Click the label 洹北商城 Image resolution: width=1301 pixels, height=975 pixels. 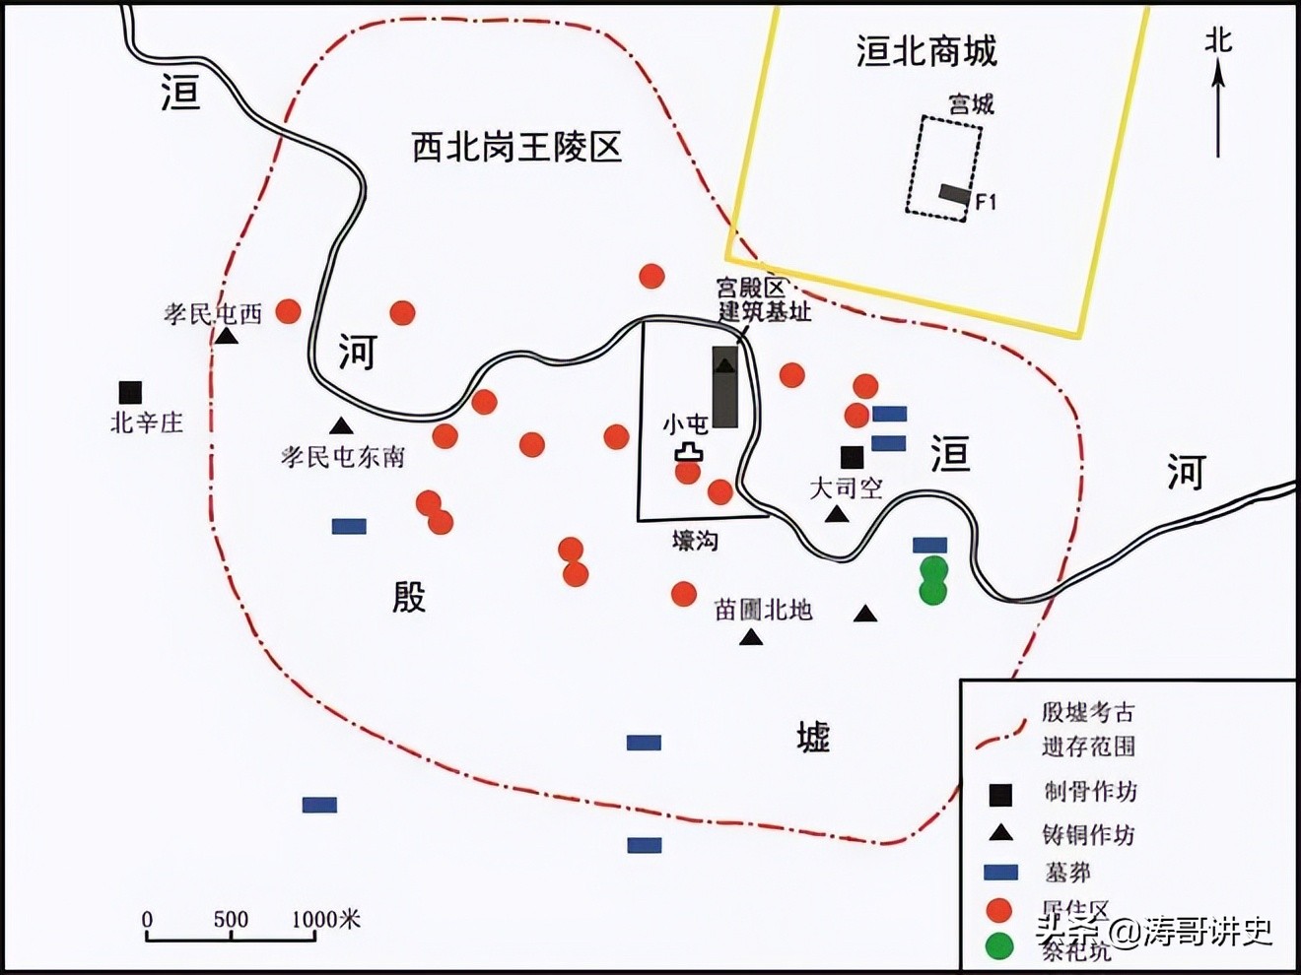(926, 51)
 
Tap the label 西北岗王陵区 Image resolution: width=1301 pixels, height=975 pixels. (516, 148)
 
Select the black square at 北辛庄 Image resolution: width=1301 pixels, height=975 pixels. (130, 392)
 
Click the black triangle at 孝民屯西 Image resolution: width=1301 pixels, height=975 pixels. (227, 337)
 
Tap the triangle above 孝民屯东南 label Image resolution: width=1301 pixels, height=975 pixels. (341, 426)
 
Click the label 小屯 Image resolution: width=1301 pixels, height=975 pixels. (685, 424)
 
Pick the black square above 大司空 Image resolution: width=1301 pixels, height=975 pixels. (852, 457)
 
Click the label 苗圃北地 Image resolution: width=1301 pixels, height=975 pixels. (763, 610)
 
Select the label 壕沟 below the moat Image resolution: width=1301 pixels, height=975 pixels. (695, 540)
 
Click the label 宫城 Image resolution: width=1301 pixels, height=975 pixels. (971, 103)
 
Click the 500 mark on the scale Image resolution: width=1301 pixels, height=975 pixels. (231, 920)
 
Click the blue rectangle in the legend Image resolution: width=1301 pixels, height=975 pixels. (1000, 872)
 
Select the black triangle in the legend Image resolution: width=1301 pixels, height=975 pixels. (1000, 833)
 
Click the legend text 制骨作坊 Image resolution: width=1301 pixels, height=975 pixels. (1089, 792)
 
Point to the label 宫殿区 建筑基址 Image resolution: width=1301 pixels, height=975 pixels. (764, 300)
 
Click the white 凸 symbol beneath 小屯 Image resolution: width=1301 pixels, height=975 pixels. (689, 452)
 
